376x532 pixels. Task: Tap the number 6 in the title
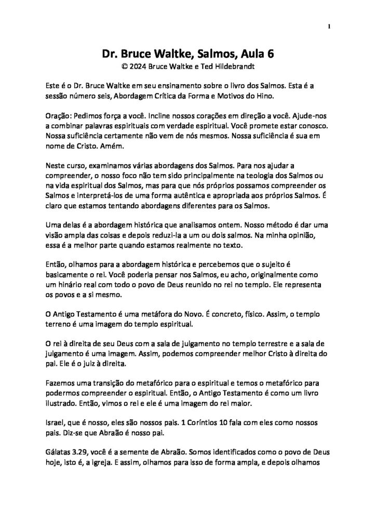tap(269, 55)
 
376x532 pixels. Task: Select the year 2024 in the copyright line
tap(137, 66)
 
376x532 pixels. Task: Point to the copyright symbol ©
tap(124, 66)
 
